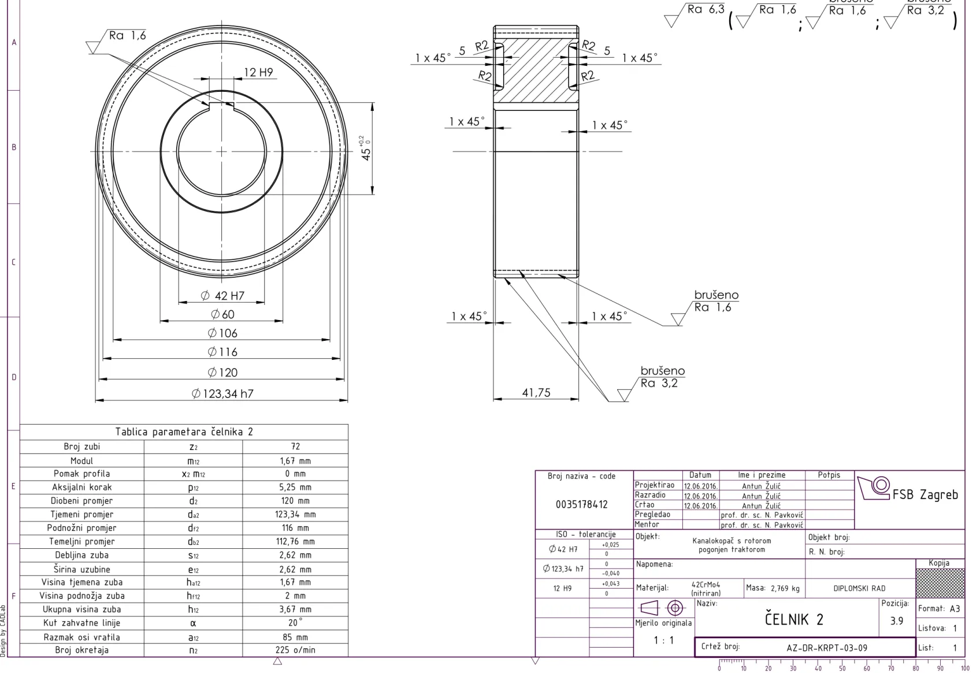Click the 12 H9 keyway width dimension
(x=258, y=72)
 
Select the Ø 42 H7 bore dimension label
(x=222, y=296)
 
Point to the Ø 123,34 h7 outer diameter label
(x=222, y=393)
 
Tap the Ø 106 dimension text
(x=222, y=333)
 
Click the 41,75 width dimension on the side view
(x=536, y=393)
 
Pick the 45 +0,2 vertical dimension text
(x=366, y=148)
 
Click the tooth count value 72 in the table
(x=295, y=447)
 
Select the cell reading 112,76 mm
(x=295, y=541)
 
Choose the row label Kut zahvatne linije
(x=82, y=623)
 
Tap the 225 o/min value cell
(x=295, y=650)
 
